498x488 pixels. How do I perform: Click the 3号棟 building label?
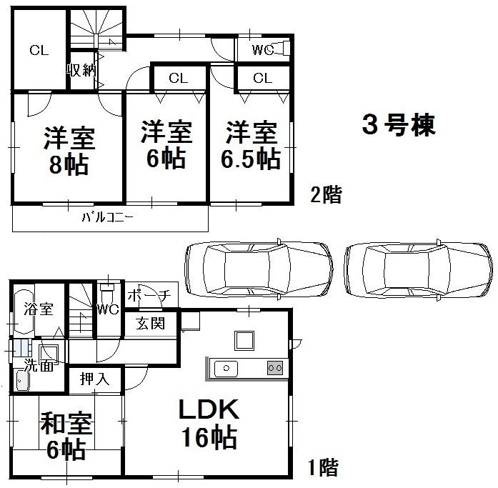[x=398, y=126]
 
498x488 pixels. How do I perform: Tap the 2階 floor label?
[x=325, y=194]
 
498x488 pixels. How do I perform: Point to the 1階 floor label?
[x=323, y=469]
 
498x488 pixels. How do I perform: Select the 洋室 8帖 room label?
[x=69, y=149]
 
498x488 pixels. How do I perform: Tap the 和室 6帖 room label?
[x=66, y=435]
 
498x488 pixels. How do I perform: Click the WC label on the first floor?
[x=107, y=310]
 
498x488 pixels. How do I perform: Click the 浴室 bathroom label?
[x=39, y=309]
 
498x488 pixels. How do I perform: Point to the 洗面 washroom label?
[x=37, y=365]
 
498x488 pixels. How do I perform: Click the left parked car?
[x=258, y=269]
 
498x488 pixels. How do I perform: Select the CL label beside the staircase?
[x=39, y=50]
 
